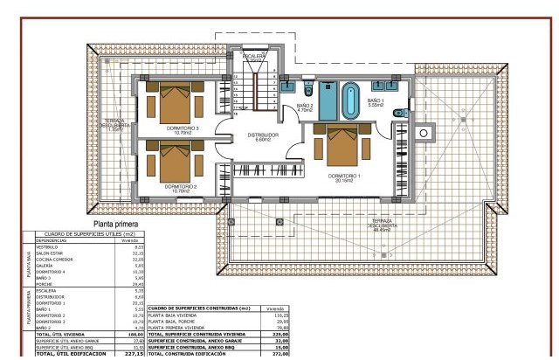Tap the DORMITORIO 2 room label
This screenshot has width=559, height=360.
coord(183,186)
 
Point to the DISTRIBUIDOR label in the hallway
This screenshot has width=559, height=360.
coord(262,135)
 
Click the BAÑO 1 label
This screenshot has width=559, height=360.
coord(376,102)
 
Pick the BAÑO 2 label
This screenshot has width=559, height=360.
coord(304,108)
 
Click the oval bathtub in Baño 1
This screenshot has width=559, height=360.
coord(350,101)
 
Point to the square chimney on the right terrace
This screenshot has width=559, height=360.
coord(427,133)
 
